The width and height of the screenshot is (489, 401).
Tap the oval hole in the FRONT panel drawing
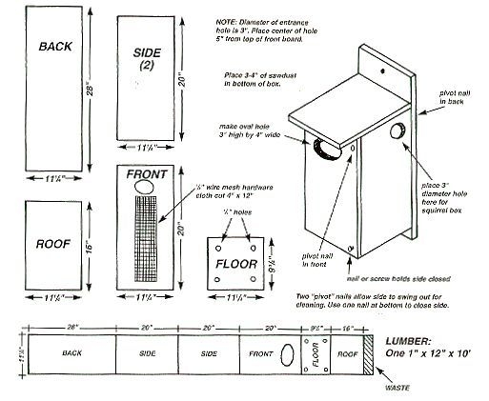coord(144,189)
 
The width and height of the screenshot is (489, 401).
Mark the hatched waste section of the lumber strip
coord(366,352)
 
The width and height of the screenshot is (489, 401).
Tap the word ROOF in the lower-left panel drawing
coord(50,243)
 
